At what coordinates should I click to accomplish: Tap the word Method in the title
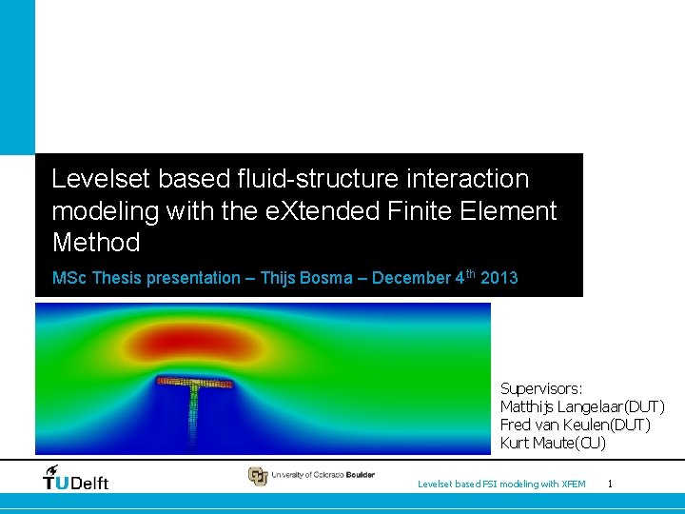tap(96, 243)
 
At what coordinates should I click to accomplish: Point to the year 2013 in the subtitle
tap(499, 278)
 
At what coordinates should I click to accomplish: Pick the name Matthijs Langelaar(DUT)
tap(582, 406)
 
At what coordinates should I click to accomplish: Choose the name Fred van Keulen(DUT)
tap(575, 425)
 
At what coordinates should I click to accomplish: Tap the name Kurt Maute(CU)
tap(553, 443)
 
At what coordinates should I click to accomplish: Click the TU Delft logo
tap(76, 478)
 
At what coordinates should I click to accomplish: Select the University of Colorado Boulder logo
tap(311, 475)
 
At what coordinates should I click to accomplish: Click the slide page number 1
tap(610, 484)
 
